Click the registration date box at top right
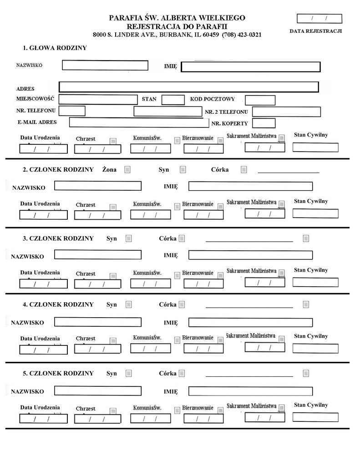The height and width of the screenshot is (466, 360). point(319,19)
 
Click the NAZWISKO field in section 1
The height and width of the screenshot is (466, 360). point(105,66)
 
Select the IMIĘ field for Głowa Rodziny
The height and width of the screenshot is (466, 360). point(250,67)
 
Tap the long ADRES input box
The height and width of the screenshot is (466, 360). point(188,87)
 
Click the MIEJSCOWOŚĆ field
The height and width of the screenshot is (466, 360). point(98,100)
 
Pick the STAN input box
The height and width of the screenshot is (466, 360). point(173,100)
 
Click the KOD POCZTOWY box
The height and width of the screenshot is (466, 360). point(260,100)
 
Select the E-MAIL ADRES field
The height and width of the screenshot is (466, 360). point(139,122)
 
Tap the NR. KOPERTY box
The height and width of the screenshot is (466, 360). point(264,123)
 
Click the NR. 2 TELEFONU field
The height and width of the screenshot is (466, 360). point(286,111)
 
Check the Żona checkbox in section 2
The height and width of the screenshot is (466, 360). point(127,170)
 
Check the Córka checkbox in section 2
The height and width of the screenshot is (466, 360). point(244,170)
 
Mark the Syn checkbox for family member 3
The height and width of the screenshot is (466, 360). point(129,238)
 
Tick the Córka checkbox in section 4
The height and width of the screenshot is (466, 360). point(182,304)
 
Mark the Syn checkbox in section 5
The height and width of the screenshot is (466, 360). point(129,373)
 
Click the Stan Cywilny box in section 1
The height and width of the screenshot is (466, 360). point(315,147)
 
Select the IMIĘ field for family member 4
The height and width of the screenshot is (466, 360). point(250,323)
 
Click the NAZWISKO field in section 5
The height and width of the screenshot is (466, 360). point(97,391)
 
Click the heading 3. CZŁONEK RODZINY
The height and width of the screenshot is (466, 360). point(58,238)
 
